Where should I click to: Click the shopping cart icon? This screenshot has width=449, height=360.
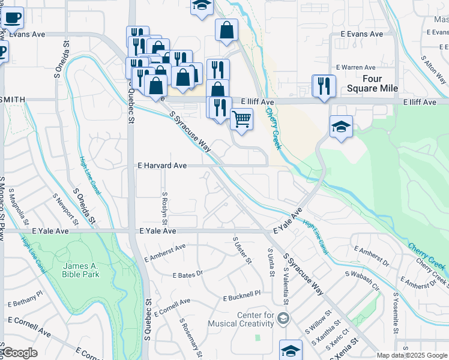click(241, 119)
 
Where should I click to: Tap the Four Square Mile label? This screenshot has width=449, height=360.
click(381, 83)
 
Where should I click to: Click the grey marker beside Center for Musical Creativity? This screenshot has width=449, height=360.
click(284, 317)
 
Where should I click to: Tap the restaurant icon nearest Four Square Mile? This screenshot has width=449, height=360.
click(324, 85)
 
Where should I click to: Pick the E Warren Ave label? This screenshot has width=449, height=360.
click(355, 67)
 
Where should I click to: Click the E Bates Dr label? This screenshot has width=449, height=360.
click(188, 274)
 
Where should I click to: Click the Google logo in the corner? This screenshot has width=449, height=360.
click(19, 353)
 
